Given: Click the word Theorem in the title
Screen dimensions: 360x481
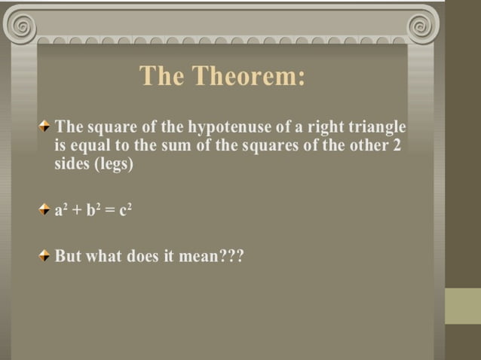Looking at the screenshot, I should (x=249, y=76).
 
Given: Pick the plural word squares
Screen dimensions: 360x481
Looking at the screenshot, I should (x=271, y=145).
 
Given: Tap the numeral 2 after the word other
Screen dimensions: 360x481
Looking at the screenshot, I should (x=397, y=145).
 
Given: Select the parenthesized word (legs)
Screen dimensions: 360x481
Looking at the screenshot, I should (x=113, y=164).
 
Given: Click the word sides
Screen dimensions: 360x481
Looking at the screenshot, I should (x=72, y=164).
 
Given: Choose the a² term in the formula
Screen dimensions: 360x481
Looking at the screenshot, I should (x=61, y=210).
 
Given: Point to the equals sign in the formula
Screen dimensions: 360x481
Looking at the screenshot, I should (x=110, y=211).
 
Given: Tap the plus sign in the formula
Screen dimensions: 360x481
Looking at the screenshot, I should (x=77, y=211).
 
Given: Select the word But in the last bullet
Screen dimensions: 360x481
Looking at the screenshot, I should (x=68, y=256).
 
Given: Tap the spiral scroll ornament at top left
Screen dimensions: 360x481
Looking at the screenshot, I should (x=23, y=26).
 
